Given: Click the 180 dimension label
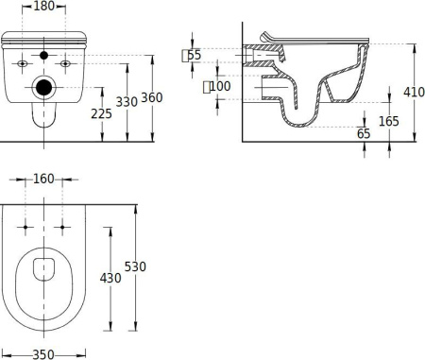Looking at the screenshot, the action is pos(43,6).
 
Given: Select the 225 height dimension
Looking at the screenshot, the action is pos(101,113).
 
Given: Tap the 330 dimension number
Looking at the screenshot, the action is pos(127,102).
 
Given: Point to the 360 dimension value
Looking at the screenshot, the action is pos(152,97).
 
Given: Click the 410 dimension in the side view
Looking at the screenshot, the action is pos(415,92).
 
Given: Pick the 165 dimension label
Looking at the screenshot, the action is pos(389,121).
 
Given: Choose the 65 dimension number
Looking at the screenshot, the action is pos(364,133).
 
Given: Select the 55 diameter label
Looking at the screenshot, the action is pos(194,55).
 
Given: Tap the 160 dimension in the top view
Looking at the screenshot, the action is pos(43,179).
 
